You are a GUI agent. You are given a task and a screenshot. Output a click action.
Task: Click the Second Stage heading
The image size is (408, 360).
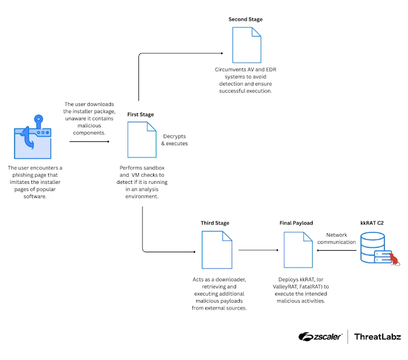pos(245,19)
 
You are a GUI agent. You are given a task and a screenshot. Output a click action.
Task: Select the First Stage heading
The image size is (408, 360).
pos(141,114)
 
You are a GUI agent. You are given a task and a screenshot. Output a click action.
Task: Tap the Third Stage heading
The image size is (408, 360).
pos(215,223)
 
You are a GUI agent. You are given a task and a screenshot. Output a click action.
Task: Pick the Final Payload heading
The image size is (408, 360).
pos(296,223)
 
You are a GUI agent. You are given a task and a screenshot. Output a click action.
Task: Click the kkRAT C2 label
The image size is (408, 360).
pos(372,223)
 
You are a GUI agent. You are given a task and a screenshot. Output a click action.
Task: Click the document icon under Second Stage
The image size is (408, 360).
pos(247,45)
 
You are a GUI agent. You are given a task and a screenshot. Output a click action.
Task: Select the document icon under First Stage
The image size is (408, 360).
pos(142,140)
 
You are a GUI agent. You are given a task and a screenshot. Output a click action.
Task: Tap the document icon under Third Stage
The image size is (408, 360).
pos(217,250)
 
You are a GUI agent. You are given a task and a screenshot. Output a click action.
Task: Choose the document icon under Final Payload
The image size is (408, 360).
pos(298,250)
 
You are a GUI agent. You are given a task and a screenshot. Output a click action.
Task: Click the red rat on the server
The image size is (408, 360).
pos(394,259)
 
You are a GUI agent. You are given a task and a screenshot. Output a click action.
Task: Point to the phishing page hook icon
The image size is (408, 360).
pos(33,137)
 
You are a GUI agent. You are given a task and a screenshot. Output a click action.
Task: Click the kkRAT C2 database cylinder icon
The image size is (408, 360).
pos(373,247)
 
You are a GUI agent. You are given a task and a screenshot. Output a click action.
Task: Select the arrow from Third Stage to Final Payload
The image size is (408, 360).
pos(258,250)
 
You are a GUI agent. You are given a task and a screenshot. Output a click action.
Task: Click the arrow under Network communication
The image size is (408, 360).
pos(336,251)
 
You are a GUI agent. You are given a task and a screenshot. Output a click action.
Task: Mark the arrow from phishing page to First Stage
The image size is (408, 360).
pos(89,142)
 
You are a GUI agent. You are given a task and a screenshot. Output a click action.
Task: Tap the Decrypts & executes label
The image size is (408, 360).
pos(174,140)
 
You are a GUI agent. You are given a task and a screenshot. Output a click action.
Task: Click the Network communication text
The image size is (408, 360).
pos(336,238)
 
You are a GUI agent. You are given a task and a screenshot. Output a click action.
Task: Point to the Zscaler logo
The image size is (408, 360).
pos(320,336)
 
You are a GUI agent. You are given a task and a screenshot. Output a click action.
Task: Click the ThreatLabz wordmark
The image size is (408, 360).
pos(377,336)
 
